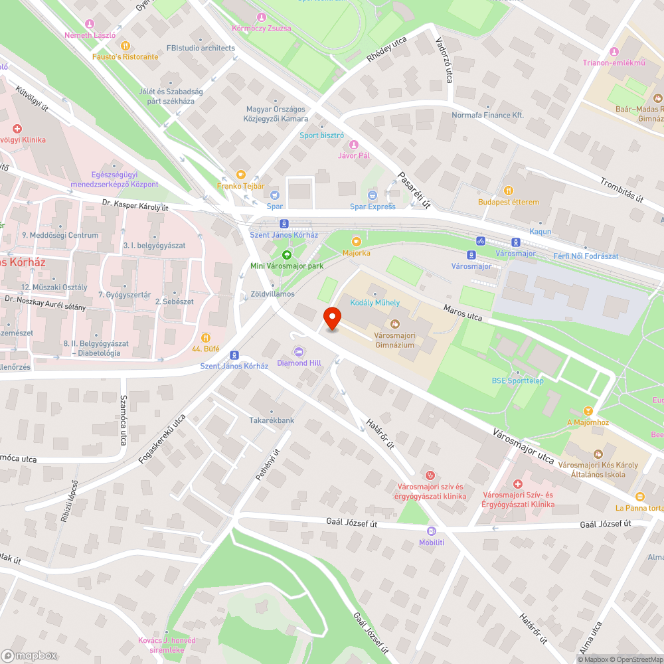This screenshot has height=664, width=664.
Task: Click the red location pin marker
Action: [x=332, y=319]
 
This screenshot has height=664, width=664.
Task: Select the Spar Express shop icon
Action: [x=373, y=195]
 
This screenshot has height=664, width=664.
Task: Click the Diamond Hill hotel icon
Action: [x=299, y=351]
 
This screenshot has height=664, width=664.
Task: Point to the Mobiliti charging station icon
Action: [x=432, y=531]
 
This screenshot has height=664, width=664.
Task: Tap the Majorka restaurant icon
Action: [x=357, y=242]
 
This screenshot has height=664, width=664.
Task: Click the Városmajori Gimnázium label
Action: [x=394, y=340]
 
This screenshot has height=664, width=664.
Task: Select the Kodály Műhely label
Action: [x=375, y=303]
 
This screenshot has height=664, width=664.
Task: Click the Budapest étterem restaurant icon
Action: [x=509, y=191]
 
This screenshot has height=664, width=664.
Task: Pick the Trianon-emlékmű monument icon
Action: [x=614, y=52]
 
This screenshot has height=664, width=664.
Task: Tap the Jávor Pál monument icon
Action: [x=353, y=144]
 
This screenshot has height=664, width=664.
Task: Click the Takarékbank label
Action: [x=272, y=420]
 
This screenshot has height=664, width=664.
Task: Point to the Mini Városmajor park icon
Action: [x=287, y=255]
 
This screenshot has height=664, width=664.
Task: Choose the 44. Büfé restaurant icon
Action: [x=205, y=337]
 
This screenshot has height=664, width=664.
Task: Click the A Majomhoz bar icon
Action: [x=588, y=411]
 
